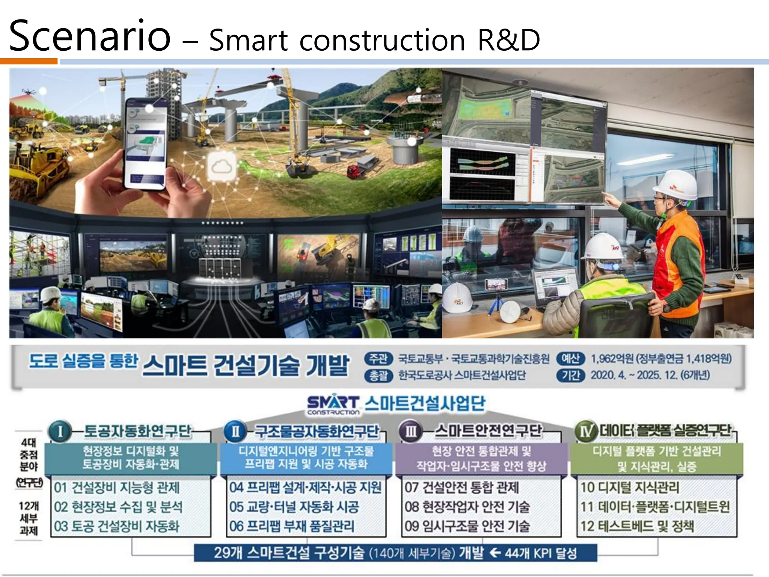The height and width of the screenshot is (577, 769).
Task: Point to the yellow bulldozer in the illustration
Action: pos(41,165)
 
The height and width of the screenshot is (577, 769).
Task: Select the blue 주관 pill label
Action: pos(378,359)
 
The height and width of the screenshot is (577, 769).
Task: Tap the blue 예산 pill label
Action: pos(570,359)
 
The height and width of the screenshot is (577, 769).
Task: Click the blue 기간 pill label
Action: pos(570,375)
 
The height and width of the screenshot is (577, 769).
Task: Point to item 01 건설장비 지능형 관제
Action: pos(117,488)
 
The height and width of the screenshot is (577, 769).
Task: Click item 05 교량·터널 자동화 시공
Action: pos(294,507)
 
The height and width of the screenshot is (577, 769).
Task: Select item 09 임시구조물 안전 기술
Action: pos(467,526)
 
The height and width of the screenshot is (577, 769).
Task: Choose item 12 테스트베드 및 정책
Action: pos(637,526)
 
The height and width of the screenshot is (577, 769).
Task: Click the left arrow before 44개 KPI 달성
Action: pos(495,553)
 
